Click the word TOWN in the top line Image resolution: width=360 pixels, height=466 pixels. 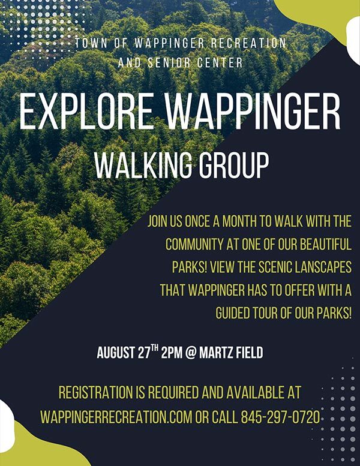click(90, 43)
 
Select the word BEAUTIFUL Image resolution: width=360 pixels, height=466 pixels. click(315, 245)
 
